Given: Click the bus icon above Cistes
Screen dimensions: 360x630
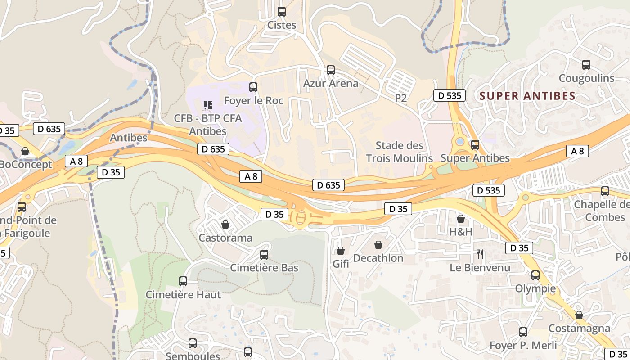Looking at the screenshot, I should (282, 12).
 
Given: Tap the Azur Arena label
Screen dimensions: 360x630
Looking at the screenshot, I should (331, 83).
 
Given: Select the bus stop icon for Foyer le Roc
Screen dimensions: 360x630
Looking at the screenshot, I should (253, 87).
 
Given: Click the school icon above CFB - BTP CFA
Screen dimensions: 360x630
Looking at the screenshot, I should (207, 105).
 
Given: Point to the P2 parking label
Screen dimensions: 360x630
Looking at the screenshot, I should (400, 98).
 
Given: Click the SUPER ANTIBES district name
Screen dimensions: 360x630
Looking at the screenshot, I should (527, 96).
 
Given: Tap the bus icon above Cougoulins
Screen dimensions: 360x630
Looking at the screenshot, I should (586, 64).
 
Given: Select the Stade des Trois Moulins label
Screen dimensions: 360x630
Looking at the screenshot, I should (399, 152).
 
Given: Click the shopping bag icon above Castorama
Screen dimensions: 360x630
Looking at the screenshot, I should (225, 224).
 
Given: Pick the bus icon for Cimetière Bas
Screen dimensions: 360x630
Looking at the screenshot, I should (264, 255).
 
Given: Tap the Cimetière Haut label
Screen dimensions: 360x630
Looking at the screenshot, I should (183, 295).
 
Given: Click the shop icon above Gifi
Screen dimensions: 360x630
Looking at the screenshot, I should (341, 251).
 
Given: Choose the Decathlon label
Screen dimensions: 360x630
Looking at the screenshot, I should (378, 258).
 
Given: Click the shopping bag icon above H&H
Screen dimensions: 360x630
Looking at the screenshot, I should (461, 219).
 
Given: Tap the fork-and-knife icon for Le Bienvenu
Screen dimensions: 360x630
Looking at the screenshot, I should (480, 254).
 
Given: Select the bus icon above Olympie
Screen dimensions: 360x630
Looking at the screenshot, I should (535, 275).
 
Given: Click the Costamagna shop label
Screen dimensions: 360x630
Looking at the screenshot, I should (579, 328).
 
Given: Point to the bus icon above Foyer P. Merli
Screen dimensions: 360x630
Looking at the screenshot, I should (523, 332).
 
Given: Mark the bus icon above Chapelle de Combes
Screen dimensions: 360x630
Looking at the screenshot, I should (605, 191).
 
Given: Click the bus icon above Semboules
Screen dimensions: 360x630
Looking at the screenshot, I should (193, 343).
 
